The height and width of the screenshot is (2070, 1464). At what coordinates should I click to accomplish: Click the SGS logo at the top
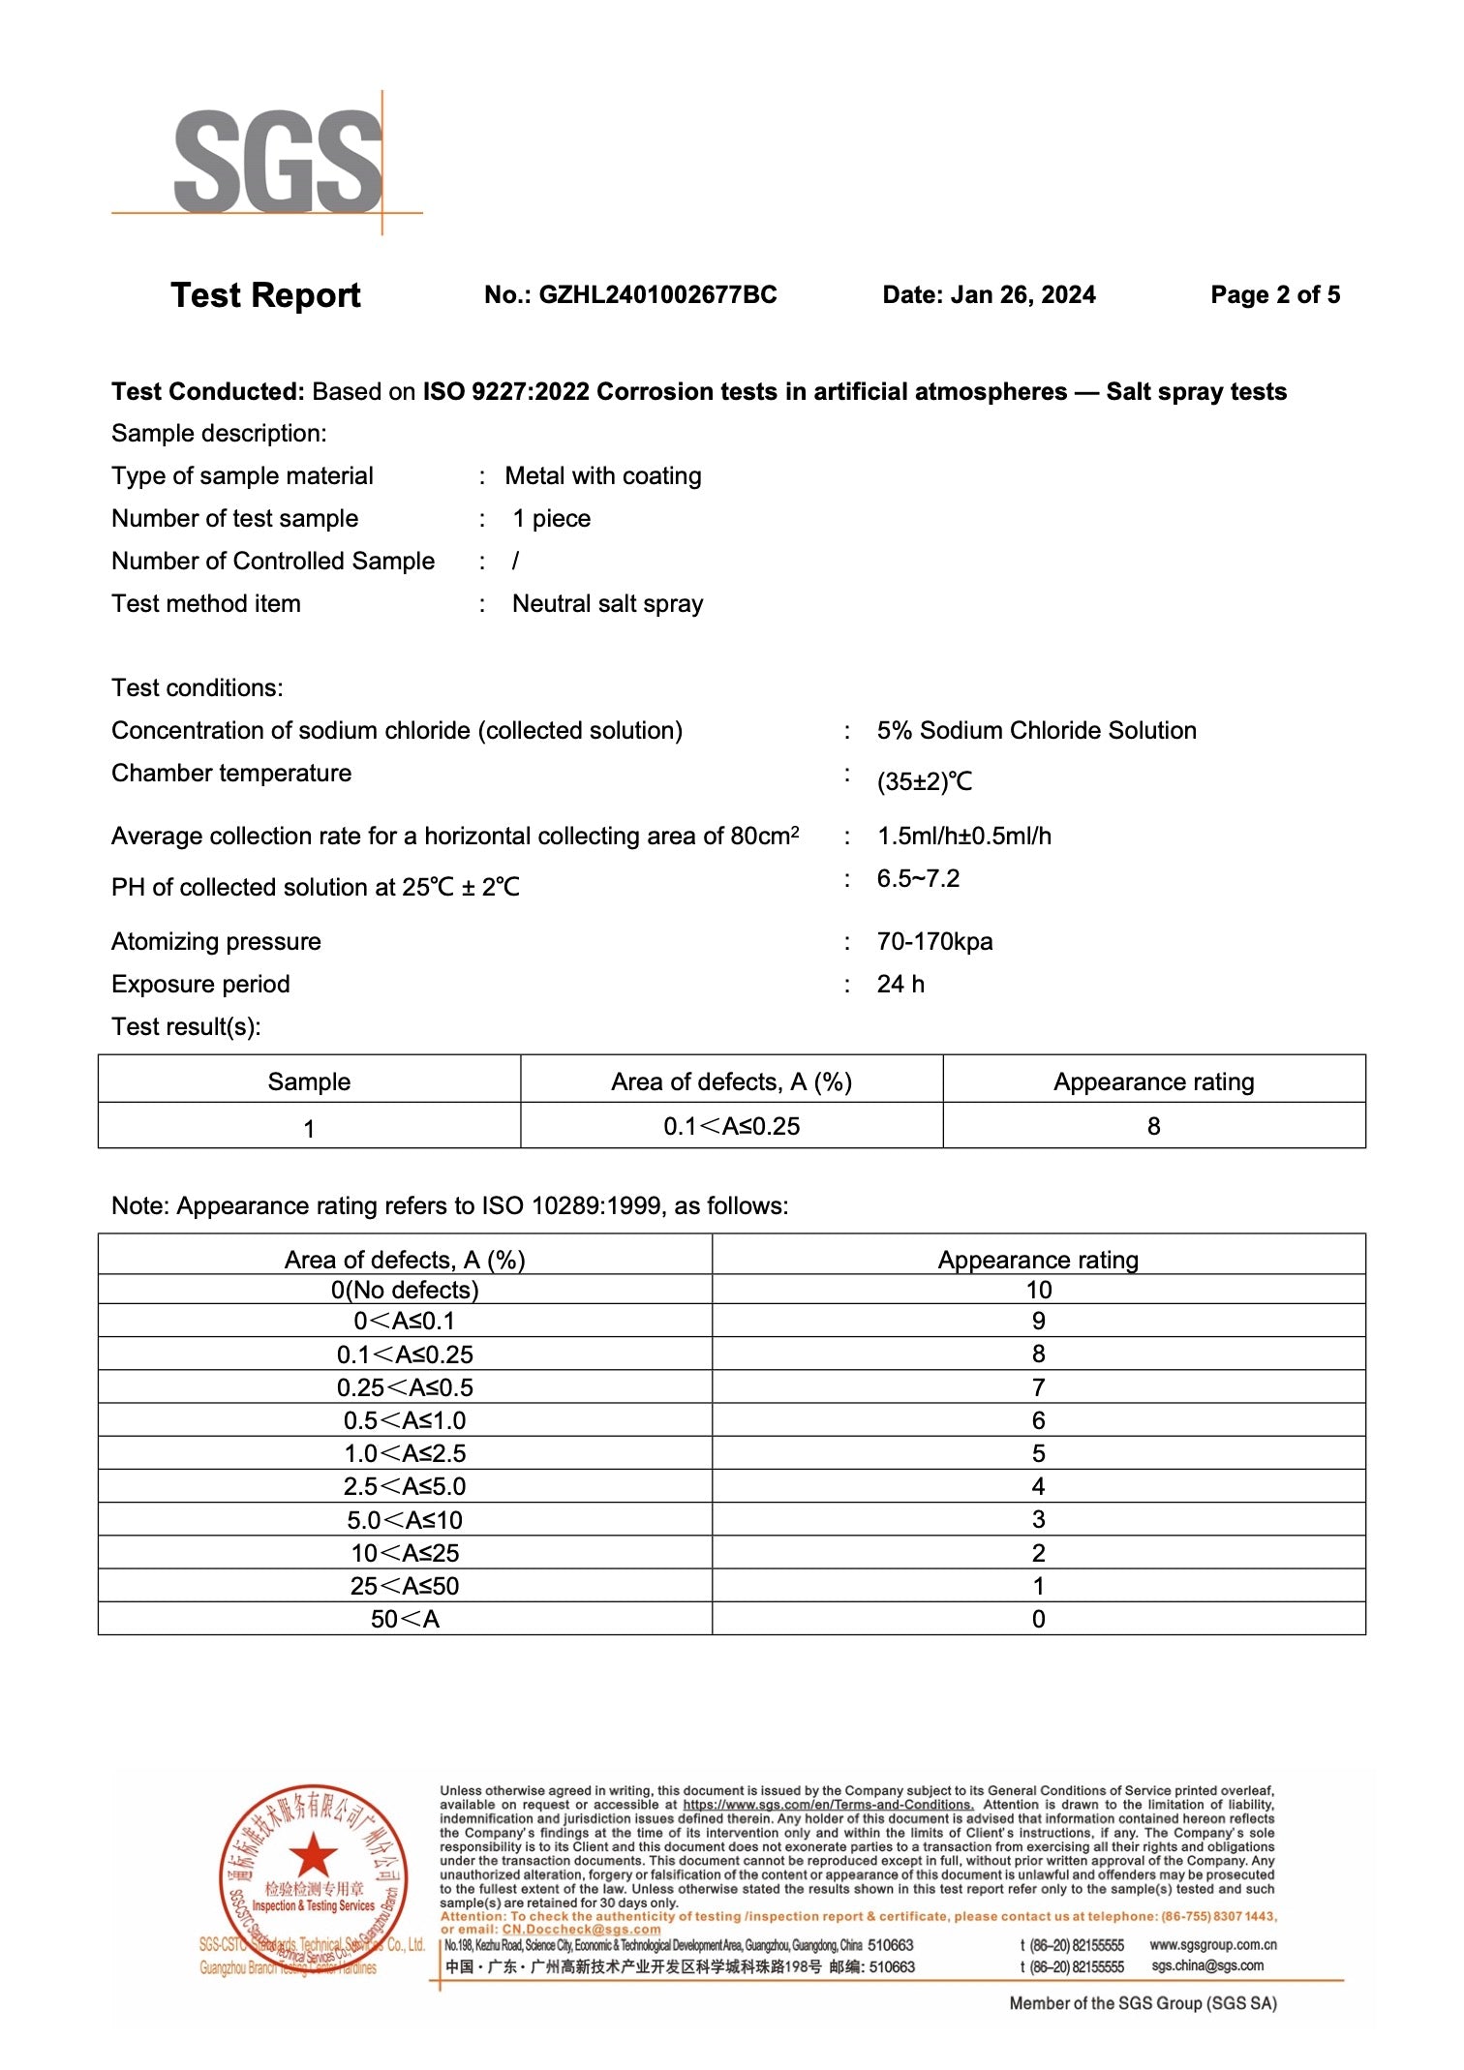click(x=278, y=161)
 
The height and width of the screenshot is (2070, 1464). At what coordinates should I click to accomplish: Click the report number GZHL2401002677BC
click(x=656, y=295)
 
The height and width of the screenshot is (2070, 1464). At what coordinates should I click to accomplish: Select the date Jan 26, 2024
click(x=1022, y=295)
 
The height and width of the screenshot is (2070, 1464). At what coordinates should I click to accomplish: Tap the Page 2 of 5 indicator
click(x=1274, y=295)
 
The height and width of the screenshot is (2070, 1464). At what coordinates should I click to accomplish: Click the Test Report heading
click(x=265, y=295)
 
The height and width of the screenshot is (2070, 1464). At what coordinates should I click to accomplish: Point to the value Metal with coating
click(x=602, y=476)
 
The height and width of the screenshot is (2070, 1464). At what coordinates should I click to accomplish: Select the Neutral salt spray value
click(x=607, y=604)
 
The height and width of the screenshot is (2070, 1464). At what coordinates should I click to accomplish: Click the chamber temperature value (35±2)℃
click(x=924, y=781)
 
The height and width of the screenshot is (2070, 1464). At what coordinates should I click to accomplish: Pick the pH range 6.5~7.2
click(x=918, y=879)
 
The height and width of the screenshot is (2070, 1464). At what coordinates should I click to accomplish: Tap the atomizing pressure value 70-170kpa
click(x=934, y=942)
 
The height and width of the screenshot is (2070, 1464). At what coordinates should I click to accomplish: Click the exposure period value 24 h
click(x=900, y=985)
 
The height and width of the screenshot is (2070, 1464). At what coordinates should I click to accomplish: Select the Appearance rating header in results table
click(x=1153, y=1081)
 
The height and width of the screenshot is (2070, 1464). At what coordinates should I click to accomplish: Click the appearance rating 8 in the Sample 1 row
click(x=1153, y=1127)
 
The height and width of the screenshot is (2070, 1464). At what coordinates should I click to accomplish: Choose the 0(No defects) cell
click(x=405, y=1291)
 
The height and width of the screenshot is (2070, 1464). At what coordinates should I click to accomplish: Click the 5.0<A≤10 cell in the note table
click(x=405, y=1520)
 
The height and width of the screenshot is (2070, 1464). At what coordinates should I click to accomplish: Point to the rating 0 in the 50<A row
click(x=1038, y=1619)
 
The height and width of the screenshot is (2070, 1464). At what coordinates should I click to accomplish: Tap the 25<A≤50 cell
click(x=405, y=1586)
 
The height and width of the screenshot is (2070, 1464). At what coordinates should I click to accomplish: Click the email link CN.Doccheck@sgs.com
click(x=581, y=1930)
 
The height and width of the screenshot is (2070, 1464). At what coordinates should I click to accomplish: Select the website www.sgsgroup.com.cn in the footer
click(x=1212, y=1945)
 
